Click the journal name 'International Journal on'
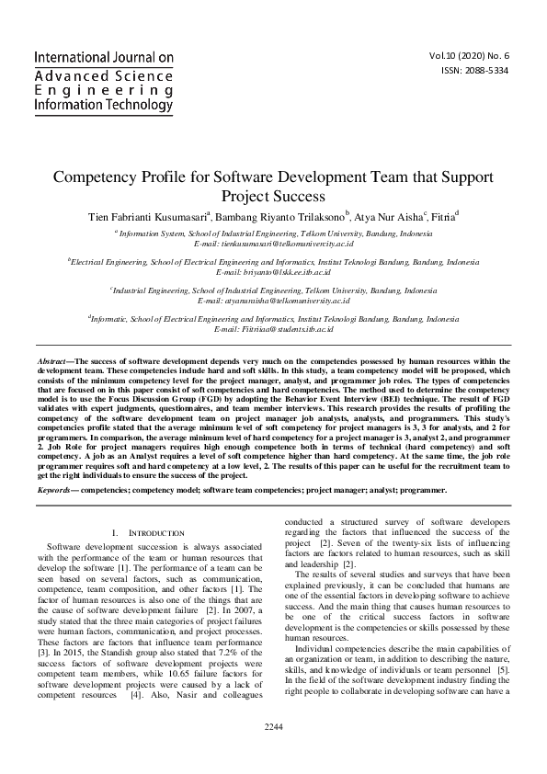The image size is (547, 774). coord(103,57)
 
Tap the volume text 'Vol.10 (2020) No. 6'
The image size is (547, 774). coord(469,55)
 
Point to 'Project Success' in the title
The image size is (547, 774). coord(273,196)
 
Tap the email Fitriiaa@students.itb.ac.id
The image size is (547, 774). coord(273,328)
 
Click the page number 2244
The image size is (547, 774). coord(273,753)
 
